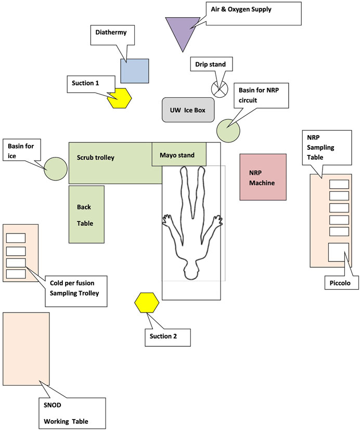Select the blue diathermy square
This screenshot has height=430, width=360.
[x=135, y=71]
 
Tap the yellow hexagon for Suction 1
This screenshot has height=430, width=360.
[x=120, y=98]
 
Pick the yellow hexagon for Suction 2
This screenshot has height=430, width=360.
[x=147, y=303]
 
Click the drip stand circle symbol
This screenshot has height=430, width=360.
[x=220, y=89]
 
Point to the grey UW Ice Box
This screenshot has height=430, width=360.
[x=188, y=110]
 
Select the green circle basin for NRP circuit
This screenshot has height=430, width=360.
[x=228, y=131]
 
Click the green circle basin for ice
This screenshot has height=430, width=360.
[x=56, y=168]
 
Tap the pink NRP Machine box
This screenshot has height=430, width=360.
[x=263, y=177]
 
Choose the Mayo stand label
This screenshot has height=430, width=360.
[x=177, y=155]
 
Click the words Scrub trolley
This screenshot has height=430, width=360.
[x=96, y=158]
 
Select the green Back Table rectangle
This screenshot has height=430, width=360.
[x=86, y=214]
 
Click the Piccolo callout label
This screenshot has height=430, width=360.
[x=340, y=283]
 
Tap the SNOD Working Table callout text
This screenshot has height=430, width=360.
[x=66, y=413]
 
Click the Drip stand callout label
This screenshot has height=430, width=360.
[x=211, y=64]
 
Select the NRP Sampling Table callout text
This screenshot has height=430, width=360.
[x=320, y=147]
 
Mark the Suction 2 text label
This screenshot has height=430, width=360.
[x=163, y=336]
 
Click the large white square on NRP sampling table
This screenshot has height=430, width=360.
[x=339, y=252]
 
